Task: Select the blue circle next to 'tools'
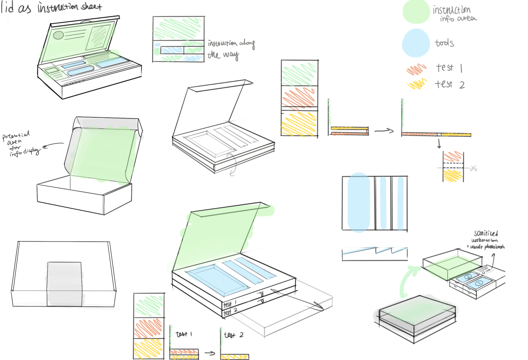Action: (x=416, y=43)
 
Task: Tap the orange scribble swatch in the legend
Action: (x=416, y=69)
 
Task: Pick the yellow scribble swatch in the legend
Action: (x=417, y=84)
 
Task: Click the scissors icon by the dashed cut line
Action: (x=474, y=168)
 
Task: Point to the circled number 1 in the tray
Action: (x=478, y=283)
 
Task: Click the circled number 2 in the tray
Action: (x=467, y=277)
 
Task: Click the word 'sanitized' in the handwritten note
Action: (x=486, y=233)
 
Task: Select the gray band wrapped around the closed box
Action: (x=64, y=284)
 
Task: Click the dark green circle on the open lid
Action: (x=58, y=35)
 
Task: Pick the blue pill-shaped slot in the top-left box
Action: (x=81, y=70)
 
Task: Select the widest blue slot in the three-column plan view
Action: (x=359, y=203)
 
